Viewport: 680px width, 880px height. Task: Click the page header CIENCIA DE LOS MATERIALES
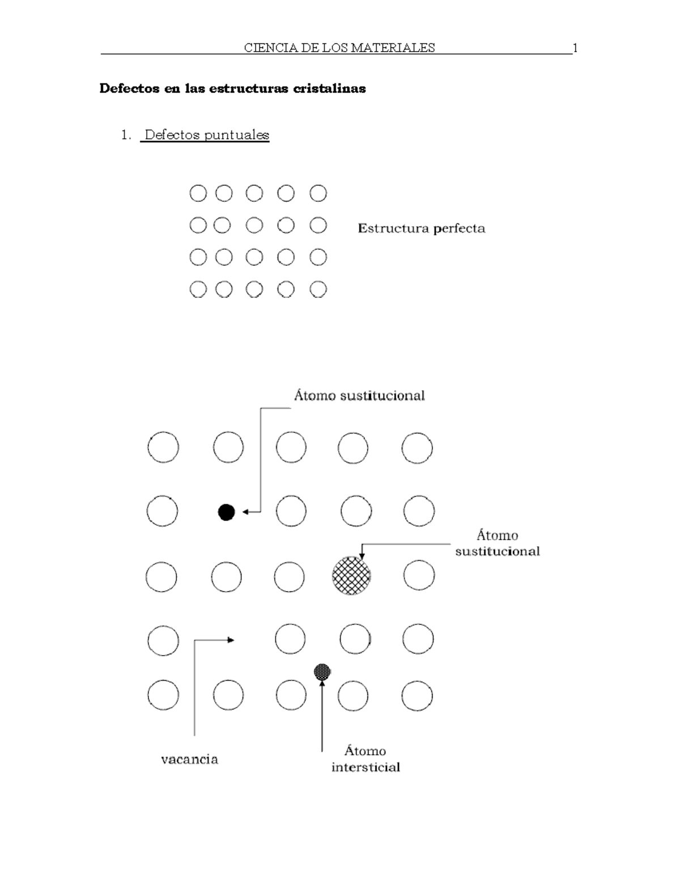click(x=339, y=48)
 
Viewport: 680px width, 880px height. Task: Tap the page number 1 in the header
click(x=575, y=48)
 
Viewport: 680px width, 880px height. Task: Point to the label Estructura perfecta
click(x=421, y=228)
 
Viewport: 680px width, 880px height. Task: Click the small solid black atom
click(x=226, y=512)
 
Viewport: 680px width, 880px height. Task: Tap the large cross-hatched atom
click(x=351, y=575)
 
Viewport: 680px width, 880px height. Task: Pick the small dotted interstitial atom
click(x=322, y=672)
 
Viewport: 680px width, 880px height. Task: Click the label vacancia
click(x=189, y=759)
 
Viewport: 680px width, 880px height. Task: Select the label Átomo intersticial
click(x=365, y=759)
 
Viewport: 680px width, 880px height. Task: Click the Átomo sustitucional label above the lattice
click(x=359, y=396)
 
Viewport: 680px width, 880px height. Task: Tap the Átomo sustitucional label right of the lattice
click(x=497, y=543)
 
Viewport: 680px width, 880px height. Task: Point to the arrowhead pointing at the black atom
click(x=245, y=512)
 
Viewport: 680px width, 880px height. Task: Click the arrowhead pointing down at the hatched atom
click(x=362, y=555)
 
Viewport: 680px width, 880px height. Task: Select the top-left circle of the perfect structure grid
click(x=198, y=194)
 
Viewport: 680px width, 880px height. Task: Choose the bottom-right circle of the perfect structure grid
click(x=318, y=290)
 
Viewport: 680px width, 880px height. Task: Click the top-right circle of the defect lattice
click(x=417, y=448)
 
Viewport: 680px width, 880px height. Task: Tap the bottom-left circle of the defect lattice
click(x=163, y=695)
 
